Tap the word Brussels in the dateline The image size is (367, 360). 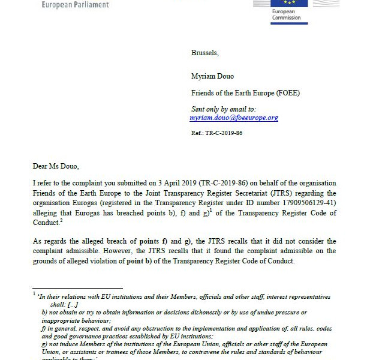205,53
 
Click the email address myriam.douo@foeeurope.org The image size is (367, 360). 234,118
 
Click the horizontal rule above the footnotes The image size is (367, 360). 78,288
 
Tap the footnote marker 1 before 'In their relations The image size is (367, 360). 35,293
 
